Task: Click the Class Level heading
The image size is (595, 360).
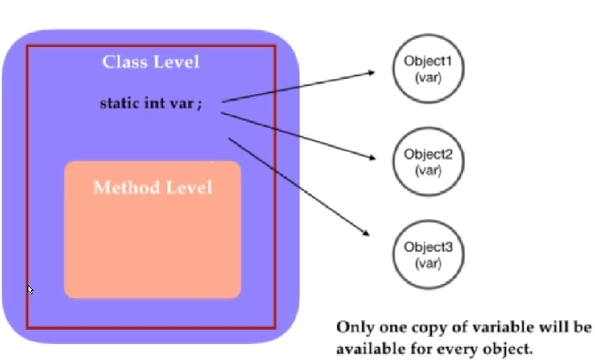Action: click(x=151, y=62)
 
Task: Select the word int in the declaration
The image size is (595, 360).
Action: click(x=159, y=103)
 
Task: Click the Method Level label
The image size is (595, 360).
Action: click(x=153, y=188)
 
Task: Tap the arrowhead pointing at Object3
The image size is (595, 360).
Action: click(x=365, y=232)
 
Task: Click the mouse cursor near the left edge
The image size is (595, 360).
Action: click(x=30, y=290)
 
